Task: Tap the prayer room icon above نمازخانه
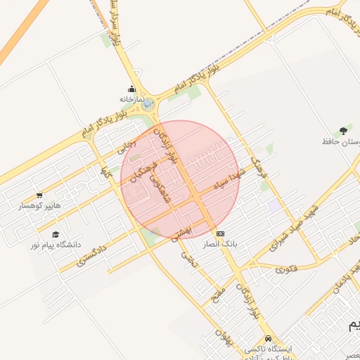(x=131, y=89)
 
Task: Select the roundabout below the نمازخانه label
(x=148, y=104)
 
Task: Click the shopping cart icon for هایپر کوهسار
(x=39, y=196)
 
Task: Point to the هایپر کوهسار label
(x=40, y=207)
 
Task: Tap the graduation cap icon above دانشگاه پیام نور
(x=56, y=234)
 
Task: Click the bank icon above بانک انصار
(x=221, y=233)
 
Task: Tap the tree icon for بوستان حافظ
(x=343, y=130)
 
